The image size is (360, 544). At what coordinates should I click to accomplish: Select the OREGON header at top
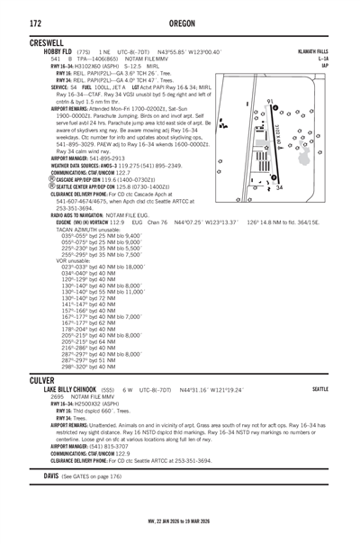pos(180,21)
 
